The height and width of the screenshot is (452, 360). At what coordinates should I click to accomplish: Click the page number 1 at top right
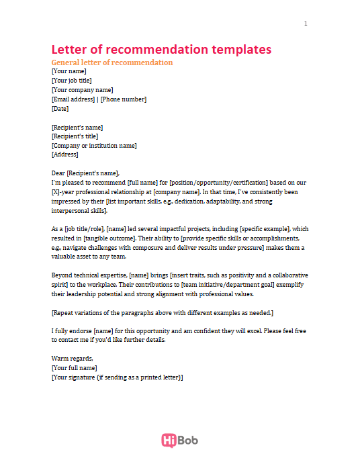306,24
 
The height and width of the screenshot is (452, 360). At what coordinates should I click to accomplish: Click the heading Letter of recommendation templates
161,50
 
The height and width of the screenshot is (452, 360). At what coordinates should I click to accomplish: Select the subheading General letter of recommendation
112,62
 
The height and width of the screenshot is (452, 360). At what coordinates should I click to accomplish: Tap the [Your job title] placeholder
76,81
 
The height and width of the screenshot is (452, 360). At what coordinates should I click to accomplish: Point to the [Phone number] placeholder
124,99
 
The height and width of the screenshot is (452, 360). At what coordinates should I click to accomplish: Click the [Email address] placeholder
73,99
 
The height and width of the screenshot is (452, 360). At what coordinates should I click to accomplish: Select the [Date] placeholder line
60,109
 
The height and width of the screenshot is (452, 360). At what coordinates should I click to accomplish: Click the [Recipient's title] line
77,136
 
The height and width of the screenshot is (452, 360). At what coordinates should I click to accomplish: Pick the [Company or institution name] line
94,146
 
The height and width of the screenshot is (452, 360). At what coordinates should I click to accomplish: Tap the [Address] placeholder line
65,154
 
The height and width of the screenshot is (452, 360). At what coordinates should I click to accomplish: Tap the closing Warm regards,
72,359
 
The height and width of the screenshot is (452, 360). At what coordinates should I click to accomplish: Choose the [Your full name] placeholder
74,368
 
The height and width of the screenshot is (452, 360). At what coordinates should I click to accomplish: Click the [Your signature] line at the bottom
117,377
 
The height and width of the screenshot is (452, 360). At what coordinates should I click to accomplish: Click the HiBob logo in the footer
179,440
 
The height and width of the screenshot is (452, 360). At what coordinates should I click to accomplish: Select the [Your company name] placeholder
82,90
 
